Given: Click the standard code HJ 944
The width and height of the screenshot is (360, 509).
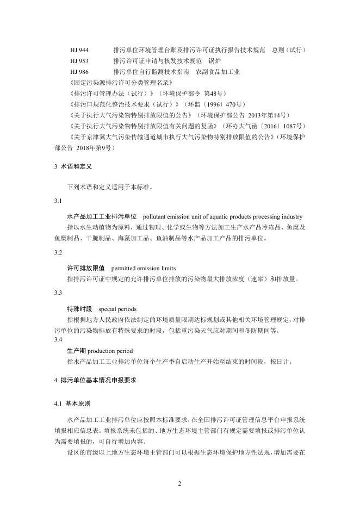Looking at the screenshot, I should [79, 50].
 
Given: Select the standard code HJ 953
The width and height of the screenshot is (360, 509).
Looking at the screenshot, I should [79, 61].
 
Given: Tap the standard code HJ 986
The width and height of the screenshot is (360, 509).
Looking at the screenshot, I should [79, 72].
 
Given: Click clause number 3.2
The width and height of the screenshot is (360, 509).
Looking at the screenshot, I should [58, 253].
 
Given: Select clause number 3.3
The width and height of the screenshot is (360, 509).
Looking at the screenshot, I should [58, 293].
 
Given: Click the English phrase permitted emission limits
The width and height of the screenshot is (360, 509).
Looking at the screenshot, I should [144, 269].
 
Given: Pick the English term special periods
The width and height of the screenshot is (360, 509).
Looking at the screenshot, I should [117, 308].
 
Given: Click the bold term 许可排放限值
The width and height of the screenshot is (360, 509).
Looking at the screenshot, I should [85, 269].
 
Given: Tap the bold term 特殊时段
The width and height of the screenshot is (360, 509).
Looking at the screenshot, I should [79, 308].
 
